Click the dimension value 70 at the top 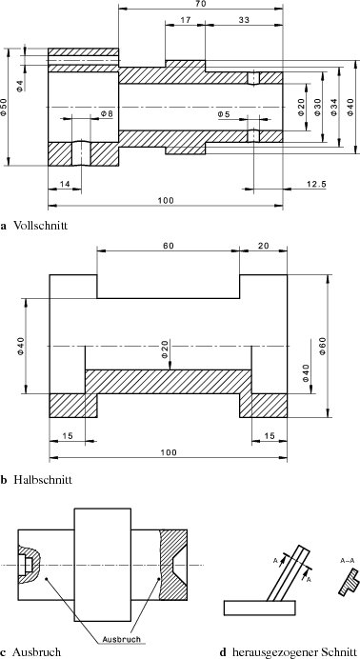click(x=200, y=5)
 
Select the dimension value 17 click(x=184, y=20)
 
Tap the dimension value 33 click(x=244, y=20)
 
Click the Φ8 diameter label click(x=107, y=114)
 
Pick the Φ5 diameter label click(x=225, y=114)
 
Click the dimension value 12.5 click(x=318, y=182)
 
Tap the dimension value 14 click(x=65, y=182)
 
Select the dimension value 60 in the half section click(x=168, y=245)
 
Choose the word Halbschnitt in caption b click(x=43, y=480)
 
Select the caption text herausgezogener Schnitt click(x=290, y=652)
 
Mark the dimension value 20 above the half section click(x=262, y=245)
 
